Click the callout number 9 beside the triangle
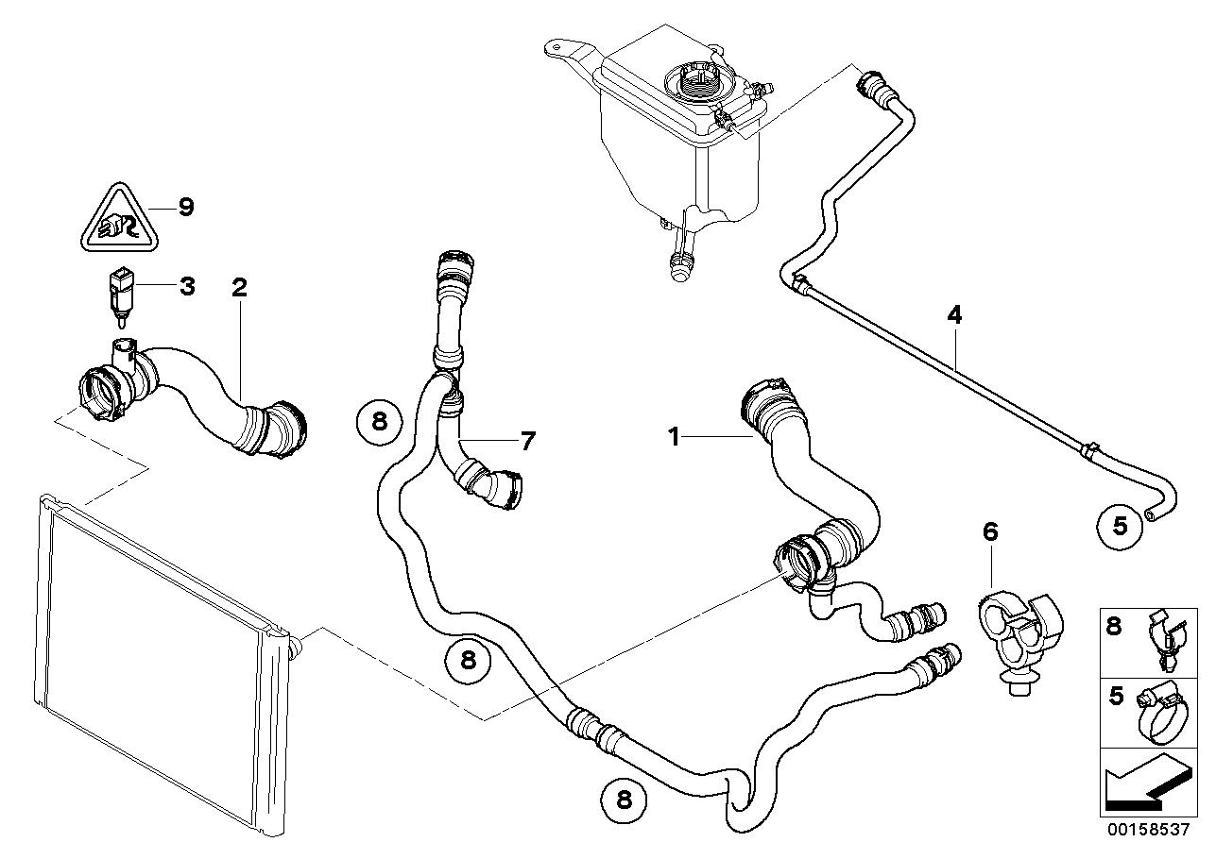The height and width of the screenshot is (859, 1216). point(185,207)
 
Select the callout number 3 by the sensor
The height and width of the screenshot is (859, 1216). point(186,285)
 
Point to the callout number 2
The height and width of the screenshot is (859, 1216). point(239,287)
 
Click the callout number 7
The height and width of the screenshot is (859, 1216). point(526,440)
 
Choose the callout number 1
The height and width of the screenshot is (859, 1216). point(674,436)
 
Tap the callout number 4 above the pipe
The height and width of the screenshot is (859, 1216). point(954,314)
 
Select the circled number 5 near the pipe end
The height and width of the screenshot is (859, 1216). point(1120,525)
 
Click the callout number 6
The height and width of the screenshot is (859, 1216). point(989,532)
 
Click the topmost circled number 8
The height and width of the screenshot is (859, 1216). point(379,421)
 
